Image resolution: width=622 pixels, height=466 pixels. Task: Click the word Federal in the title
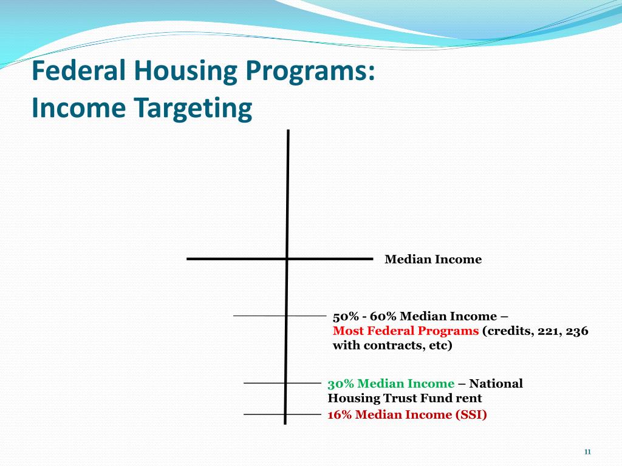[79, 71]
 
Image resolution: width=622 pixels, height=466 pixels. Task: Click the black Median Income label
[433, 260]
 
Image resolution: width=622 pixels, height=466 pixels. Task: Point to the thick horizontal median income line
[237, 259]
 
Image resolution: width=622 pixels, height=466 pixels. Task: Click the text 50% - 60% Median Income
[415, 316]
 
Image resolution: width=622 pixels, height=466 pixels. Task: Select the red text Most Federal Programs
[406, 331]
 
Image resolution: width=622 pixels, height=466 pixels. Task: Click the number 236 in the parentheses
[578, 331]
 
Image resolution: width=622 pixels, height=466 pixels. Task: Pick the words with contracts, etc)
[392, 346]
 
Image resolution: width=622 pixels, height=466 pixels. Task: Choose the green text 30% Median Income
[391, 383]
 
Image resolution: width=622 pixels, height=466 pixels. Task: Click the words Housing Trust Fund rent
[405, 398]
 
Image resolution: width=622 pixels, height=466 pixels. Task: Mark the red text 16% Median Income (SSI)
[407, 414]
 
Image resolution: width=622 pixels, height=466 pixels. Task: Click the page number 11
[587, 451]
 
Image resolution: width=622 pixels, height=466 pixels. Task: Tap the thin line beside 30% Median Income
[264, 383]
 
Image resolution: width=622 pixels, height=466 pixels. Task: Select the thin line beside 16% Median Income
[264, 414]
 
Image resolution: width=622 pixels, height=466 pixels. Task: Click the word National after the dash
[496, 383]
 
